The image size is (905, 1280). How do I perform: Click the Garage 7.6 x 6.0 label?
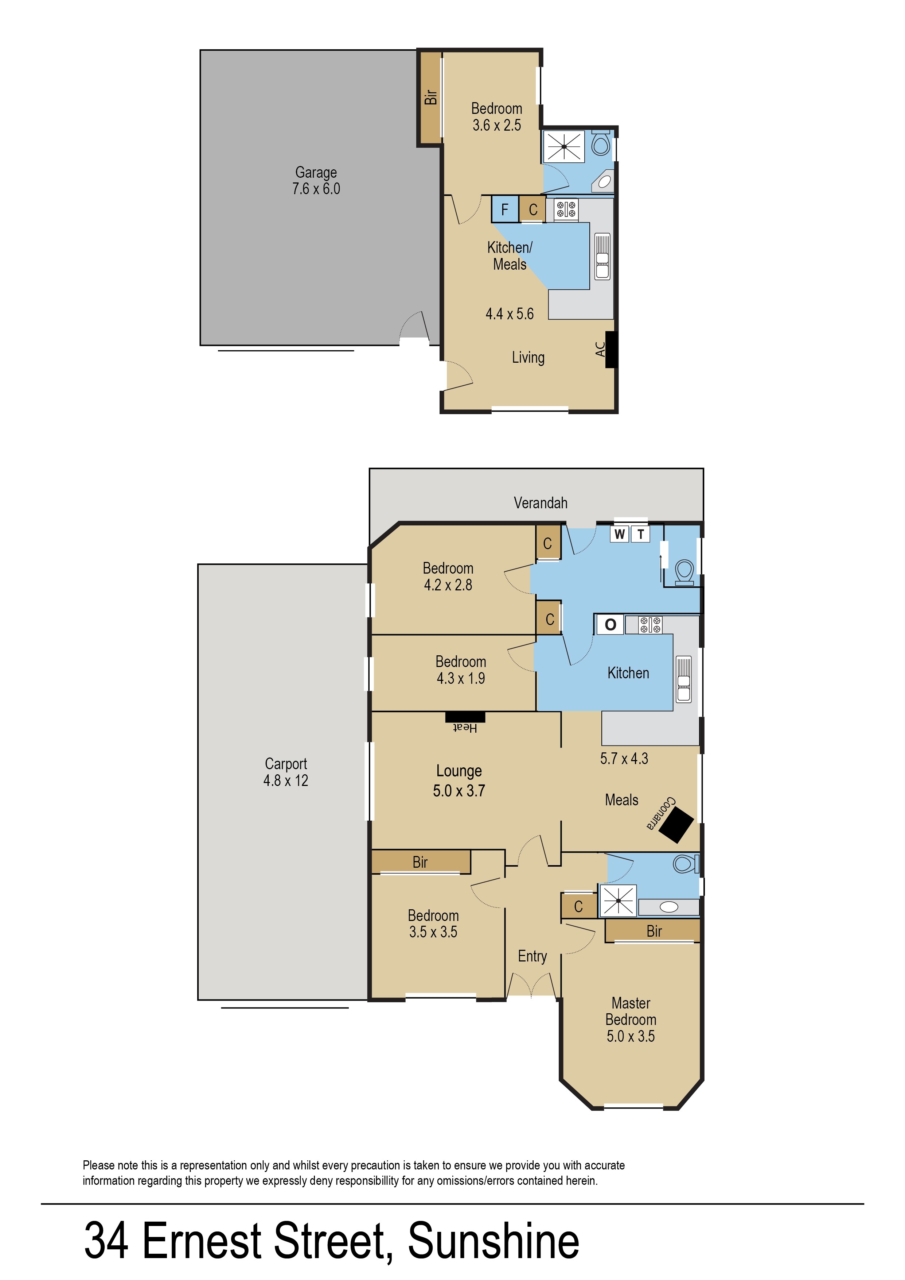316,180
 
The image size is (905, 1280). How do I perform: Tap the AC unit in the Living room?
611,349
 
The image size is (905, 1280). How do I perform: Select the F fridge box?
505,209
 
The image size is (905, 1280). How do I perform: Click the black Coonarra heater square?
676,824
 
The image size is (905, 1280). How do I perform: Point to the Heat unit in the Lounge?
465,717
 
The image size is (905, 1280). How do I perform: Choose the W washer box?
619,534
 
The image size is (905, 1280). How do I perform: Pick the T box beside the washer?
641,534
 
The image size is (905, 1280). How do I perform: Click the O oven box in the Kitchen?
610,624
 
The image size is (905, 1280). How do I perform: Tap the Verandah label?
541,503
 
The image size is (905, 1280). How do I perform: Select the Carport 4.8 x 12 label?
286,772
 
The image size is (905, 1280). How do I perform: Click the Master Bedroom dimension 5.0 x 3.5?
631,1036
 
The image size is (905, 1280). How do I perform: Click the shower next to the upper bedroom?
564,147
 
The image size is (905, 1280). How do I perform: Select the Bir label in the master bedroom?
654,931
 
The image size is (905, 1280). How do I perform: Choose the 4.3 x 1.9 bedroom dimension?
461,678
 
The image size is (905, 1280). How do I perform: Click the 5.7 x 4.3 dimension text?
624,759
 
